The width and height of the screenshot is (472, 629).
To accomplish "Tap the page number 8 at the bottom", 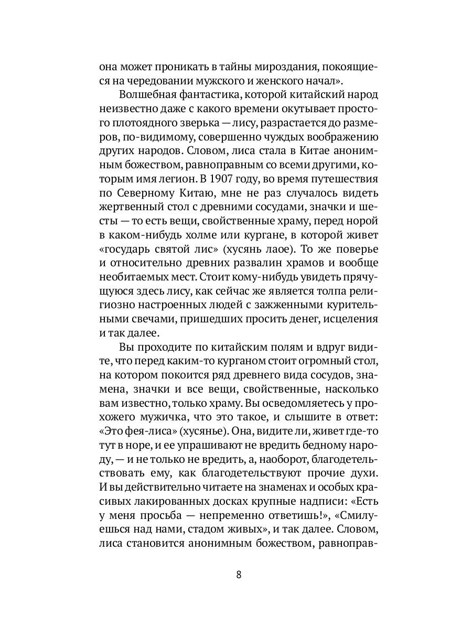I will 239,573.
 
